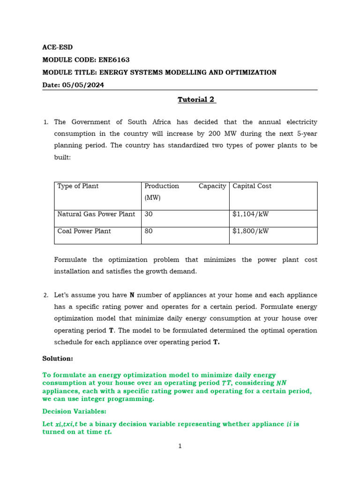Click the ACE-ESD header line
[x=58, y=47]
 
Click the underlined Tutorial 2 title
[x=196, y=99]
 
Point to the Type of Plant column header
[x=78, y=186]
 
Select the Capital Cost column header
[x=252, y=186]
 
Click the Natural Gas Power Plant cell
[x=96, y=214]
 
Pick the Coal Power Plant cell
[x=84, y=231]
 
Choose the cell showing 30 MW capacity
[x=149, y=214]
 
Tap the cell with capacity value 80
[x=149, y=231]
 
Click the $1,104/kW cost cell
[x=250, y=214]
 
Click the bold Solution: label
[x=58, y=358]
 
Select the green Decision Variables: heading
[x=75, y=412]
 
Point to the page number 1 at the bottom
[x=180, y=446]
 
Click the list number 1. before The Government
[x=45, y=122]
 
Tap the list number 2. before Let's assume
[x=45, y=296]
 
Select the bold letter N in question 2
[x=132, y=295]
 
